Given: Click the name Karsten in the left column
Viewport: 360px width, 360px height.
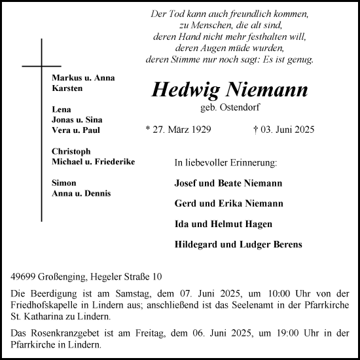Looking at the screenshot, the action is pyautogui.click(x=67, y=88).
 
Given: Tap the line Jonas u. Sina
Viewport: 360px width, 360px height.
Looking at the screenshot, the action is pyautogui.click(x=77, y=120).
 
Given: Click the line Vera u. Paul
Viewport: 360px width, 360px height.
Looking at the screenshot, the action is pyautogui.click(x=75, y=130).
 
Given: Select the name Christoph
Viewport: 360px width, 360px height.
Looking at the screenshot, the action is pyautogui.click(x=72, y=151).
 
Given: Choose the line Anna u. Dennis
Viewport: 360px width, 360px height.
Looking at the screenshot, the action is pyautogui.click(x=81, y=193).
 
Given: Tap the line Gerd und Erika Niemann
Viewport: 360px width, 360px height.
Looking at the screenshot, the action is pyautogui.click(x=229, y=204).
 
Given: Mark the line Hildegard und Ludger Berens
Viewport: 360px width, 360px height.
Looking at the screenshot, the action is pyautogui.click(x=238, y=245).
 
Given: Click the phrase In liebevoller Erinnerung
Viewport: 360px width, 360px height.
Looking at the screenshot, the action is pyautogui.click(x=226, y=162).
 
